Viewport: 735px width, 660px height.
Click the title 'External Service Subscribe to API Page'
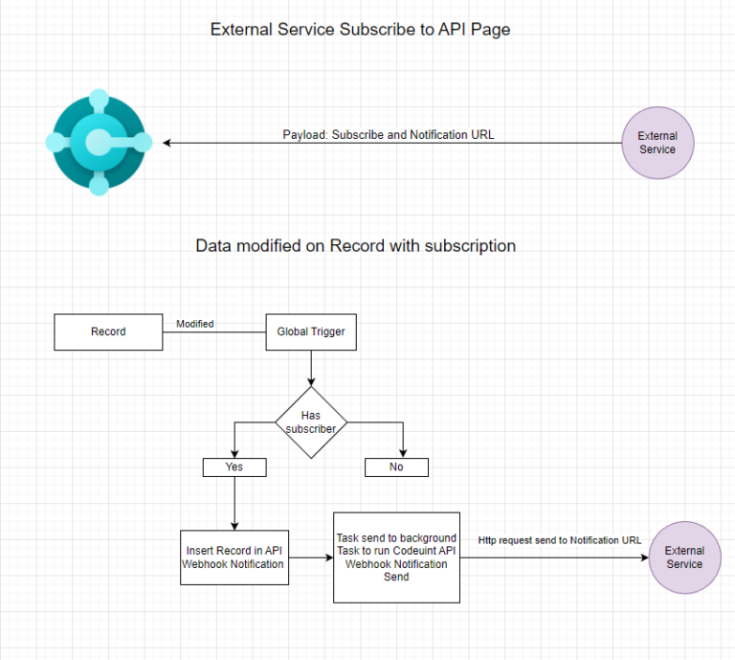coord(360,30)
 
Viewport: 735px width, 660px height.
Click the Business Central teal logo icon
coord(99,142)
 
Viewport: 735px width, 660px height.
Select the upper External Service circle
coord(657,144)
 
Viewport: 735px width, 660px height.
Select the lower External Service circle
coord(684,558)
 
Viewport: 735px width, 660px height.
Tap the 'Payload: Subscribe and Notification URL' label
coord(389,134)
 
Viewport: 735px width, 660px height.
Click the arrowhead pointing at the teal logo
coord(168,144)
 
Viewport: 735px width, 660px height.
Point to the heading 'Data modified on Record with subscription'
coord(355,246)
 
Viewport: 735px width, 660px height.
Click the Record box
coord(108,332)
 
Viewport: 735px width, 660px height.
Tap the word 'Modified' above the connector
coord(195,324)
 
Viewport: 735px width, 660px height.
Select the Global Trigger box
coord(311,332)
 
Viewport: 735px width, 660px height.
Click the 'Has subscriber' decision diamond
coord(311,422)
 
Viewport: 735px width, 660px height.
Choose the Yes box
coord(234,467)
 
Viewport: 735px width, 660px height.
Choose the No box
coord(396,467)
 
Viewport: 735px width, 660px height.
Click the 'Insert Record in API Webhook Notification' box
coord(234,558)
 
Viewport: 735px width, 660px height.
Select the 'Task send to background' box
coord(396,558)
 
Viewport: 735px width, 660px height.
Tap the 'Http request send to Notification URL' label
coord(560,540)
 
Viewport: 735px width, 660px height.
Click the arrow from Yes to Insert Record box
coord(234,503)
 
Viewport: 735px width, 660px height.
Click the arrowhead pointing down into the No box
coord(402,454)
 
